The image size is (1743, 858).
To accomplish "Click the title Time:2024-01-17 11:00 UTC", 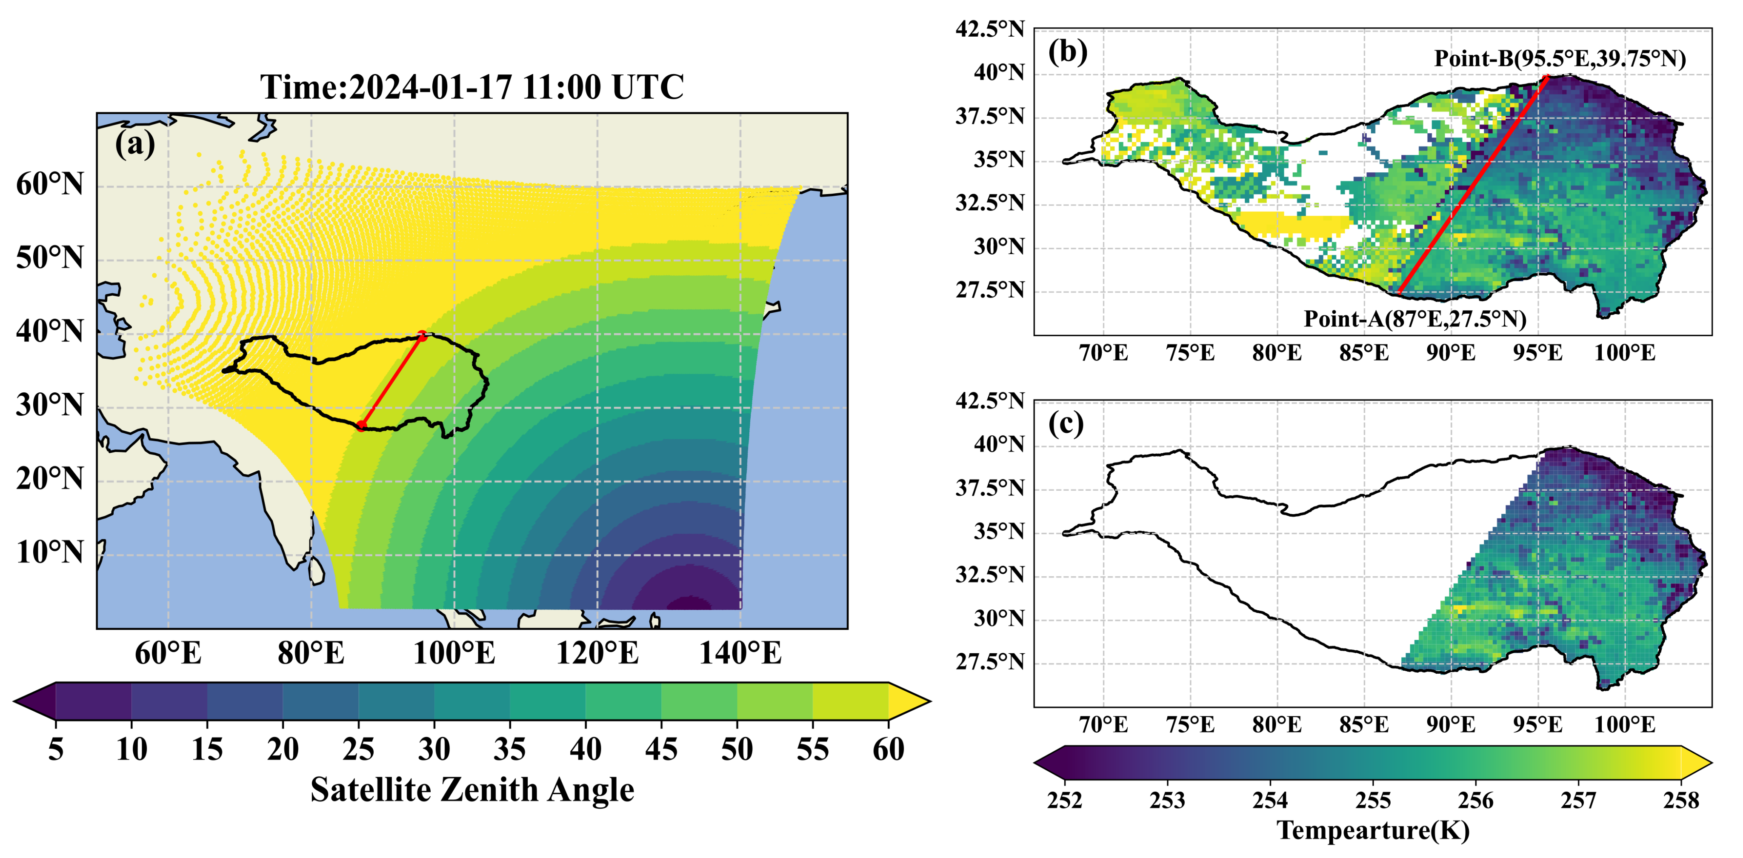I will pos(471,87).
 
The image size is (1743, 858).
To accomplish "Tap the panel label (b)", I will pos(1067,51).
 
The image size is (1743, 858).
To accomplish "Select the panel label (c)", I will pos(1066,423).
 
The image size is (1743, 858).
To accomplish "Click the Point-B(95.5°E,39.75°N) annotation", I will pos(1560,59).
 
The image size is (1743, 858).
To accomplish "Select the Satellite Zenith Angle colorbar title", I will pos(471,789).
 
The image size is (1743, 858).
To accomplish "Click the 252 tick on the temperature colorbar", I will pos(1065,801).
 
